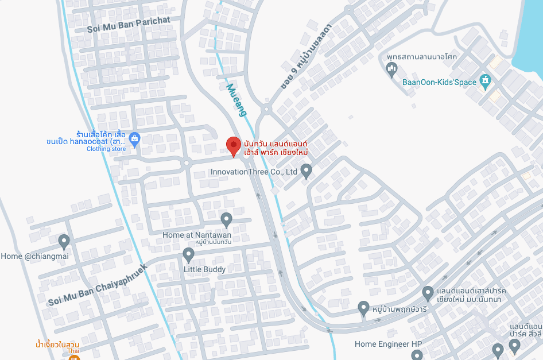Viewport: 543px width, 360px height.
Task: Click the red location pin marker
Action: [232, 146]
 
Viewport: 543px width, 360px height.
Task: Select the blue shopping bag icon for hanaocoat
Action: [134, 138]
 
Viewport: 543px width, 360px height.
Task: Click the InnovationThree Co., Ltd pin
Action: [307, 171]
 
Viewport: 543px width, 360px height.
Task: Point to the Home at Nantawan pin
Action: [227, 219]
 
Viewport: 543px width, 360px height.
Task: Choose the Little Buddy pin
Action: [188, 254]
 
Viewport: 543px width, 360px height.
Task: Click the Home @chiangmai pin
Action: [64, 241]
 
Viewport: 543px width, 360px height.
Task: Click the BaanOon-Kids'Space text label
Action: [439, 82]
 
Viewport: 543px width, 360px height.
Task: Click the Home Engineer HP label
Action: [388, 344]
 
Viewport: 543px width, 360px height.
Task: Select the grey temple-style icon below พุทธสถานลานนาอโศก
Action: [393, 71]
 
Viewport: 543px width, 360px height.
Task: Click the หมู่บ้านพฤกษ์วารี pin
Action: [363, 308]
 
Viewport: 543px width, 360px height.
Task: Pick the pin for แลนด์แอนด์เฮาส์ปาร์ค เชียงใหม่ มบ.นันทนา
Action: [428, 293]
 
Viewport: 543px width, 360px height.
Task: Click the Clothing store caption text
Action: [106, 149]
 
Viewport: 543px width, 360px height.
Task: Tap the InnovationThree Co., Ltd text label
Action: [254, 172]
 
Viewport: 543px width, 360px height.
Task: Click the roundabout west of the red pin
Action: [186, 163]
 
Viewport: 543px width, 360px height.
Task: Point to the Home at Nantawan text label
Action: [197, 235]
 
